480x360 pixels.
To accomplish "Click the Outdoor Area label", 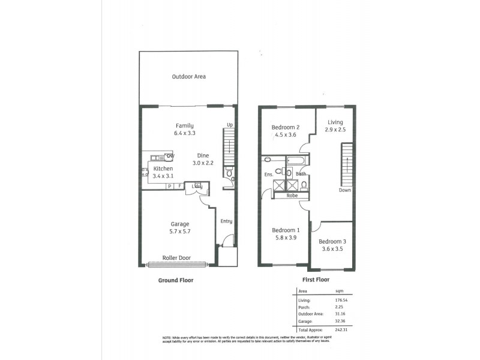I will click(189, 77).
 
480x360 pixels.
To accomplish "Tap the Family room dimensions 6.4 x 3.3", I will click(184, 134).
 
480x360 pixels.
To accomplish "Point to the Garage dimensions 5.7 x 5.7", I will click(180, 232).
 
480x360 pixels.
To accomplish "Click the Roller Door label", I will click(176, 258).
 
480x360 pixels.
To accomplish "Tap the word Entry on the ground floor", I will click(226, 221).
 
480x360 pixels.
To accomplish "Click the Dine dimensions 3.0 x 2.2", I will click(203, 163).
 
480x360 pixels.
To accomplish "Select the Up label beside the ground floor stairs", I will click(229, 125).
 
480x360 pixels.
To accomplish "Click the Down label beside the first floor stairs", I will click(344, 190).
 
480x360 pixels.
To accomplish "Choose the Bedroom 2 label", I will click(285, 127).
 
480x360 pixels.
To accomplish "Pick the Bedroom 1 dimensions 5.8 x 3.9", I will click(286, 238).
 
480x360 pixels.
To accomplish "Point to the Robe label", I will click(292, 196).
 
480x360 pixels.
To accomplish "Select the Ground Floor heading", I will click(175, 280).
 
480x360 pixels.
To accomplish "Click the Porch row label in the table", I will click(305, 307).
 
